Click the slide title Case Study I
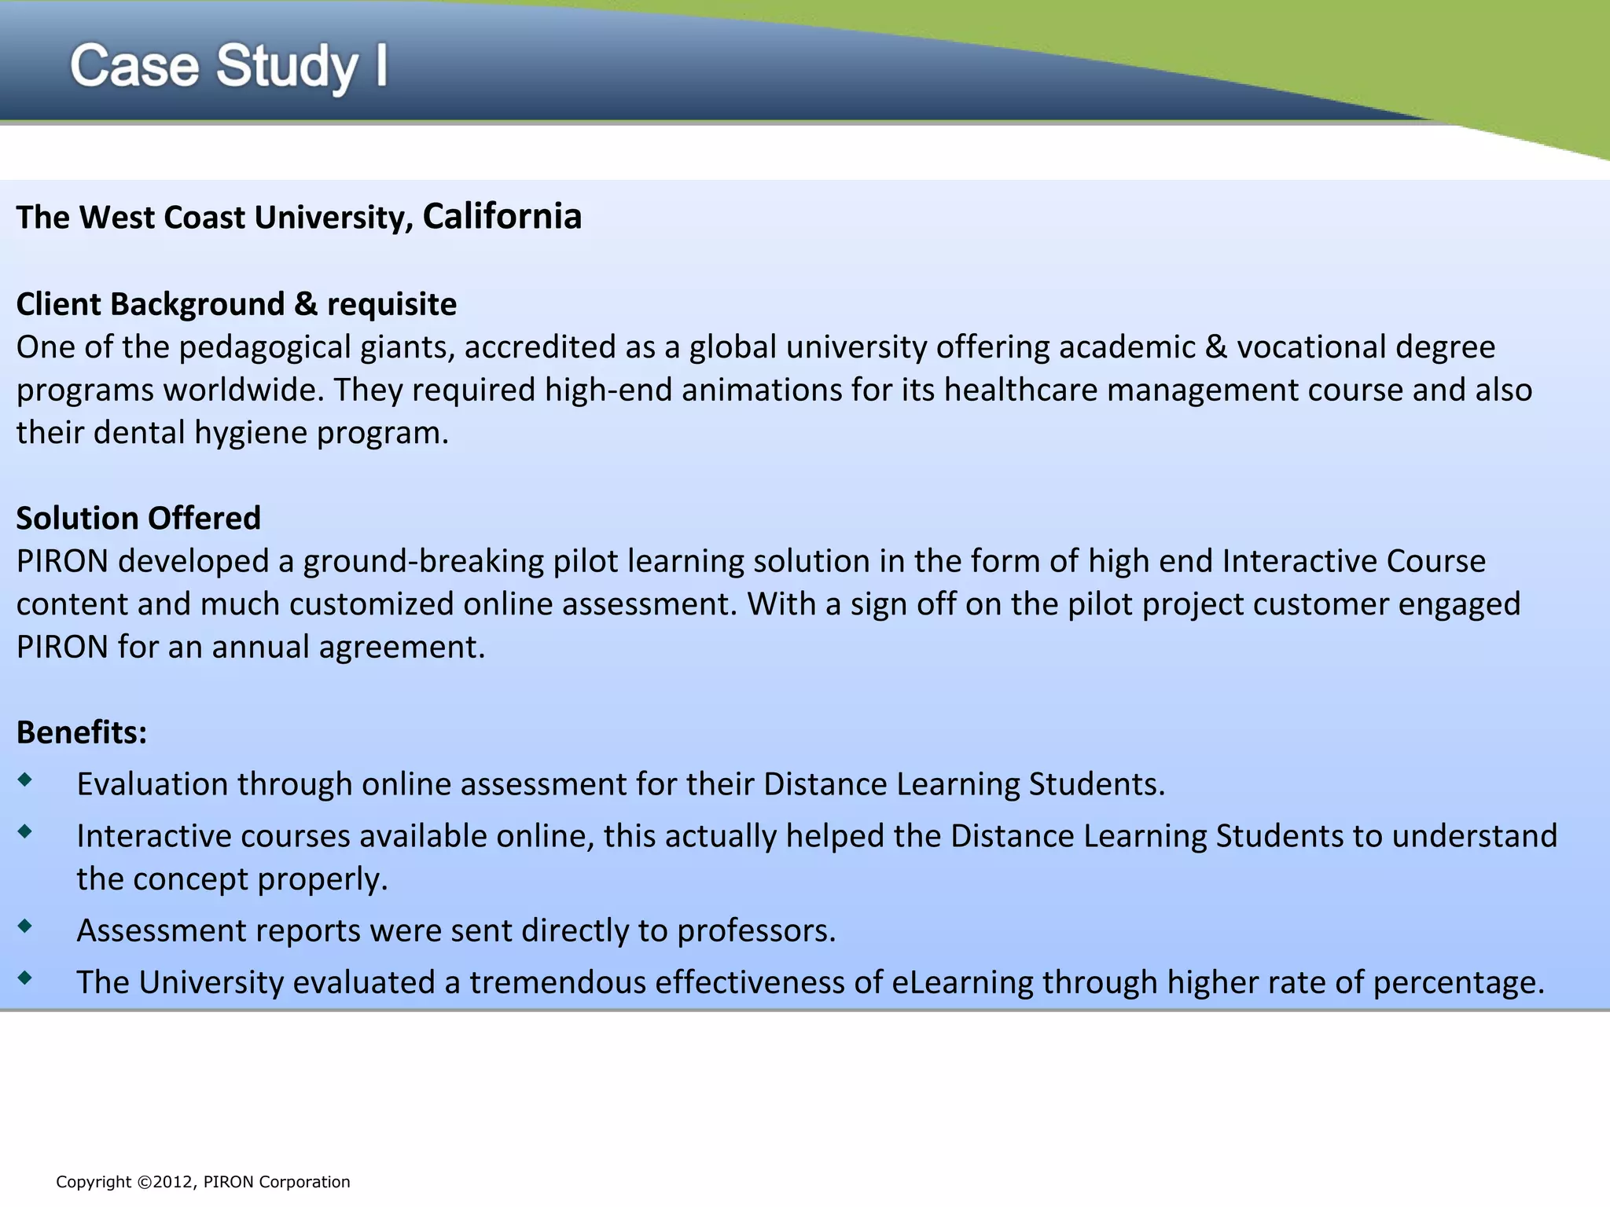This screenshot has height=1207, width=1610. click(x=228, y=66)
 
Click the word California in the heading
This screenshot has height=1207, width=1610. click(x=502, y=216)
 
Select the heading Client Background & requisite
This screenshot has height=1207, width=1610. click(x=236, y=304)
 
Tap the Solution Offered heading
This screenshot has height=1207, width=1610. click(x=138, y=518)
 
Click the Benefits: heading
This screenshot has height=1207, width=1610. click(x=82, y=732)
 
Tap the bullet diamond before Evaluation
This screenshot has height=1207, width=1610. click(x=25, y=780)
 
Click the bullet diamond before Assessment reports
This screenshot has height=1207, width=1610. click(x=25, y=926)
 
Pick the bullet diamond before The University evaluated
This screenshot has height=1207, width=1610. click(x=25, y=978)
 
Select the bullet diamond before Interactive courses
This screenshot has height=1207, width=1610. click(x=25, y=831)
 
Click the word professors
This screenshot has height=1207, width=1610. click(x=755, y=931)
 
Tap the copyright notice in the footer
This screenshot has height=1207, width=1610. click(x=203, y=1182)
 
